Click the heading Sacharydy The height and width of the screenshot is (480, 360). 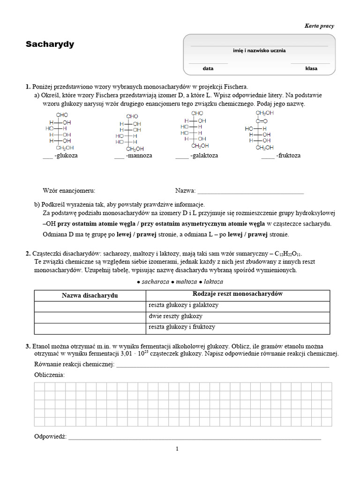tap(50, 45)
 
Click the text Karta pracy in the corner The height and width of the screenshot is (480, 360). tap(319, 26)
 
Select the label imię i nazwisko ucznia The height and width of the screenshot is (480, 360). tap(259, 51)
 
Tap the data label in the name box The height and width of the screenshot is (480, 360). tap(208, 68)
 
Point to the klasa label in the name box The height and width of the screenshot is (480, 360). tap(311, 68)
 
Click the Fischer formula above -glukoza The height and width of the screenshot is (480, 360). tap(60, 131)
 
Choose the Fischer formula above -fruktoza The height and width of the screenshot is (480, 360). tap(259, 131)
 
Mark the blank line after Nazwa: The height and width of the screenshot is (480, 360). tap(251, 192)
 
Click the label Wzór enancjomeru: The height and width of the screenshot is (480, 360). tap(69, 191)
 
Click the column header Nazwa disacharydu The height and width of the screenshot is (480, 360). tap(90, 296)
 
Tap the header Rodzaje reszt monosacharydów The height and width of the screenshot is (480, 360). tap(238, 294)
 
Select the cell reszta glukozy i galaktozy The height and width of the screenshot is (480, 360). tap(183, 305)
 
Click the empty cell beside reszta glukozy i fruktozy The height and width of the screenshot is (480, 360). tap(90, 328)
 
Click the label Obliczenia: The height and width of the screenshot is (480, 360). tap(50, 375)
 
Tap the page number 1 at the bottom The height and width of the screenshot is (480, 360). tap(177, 449)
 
